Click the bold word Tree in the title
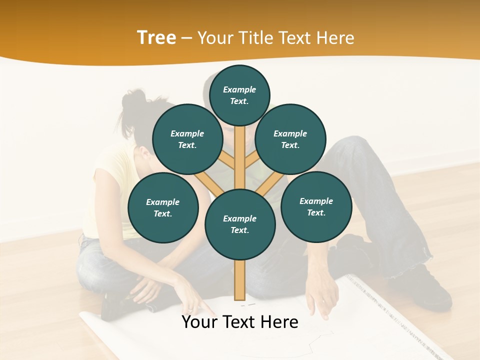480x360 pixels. click(156, 38)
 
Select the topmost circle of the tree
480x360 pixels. click(239, 95)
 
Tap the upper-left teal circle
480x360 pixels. click(187, 139)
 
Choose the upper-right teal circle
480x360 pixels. click(290, 139)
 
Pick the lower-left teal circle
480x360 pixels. click(163, 208)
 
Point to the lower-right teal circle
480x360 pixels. click(316, 206)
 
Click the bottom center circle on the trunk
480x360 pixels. click(240, 224)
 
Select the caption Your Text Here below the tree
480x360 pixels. click(240, 322)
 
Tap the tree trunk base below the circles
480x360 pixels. click(240, 282)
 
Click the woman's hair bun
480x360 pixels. click(131, 100)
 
